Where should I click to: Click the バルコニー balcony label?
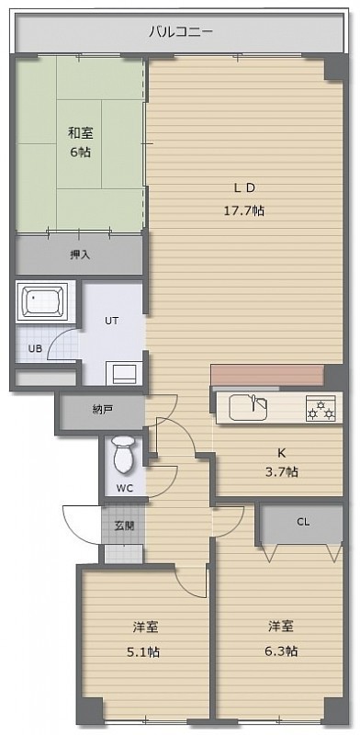(x=181, y=32)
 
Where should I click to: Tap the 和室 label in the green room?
(x=81, y=133)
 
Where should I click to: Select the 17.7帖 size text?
(x=243, y=211)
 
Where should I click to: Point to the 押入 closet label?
(x=80, y=255)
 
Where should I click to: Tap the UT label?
(x=111, y=321)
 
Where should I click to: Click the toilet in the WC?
(x=124, y=454)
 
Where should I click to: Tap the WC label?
(x=125, y=489)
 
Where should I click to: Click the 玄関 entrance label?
(x=124, y=526)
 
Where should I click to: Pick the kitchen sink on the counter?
(x=249, y=408)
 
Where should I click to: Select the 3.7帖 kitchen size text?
(x=281, y=471)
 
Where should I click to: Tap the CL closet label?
(x=303, y=522)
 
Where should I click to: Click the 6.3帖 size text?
(x=281, y=650)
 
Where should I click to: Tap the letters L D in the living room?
(x=244, y=188)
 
